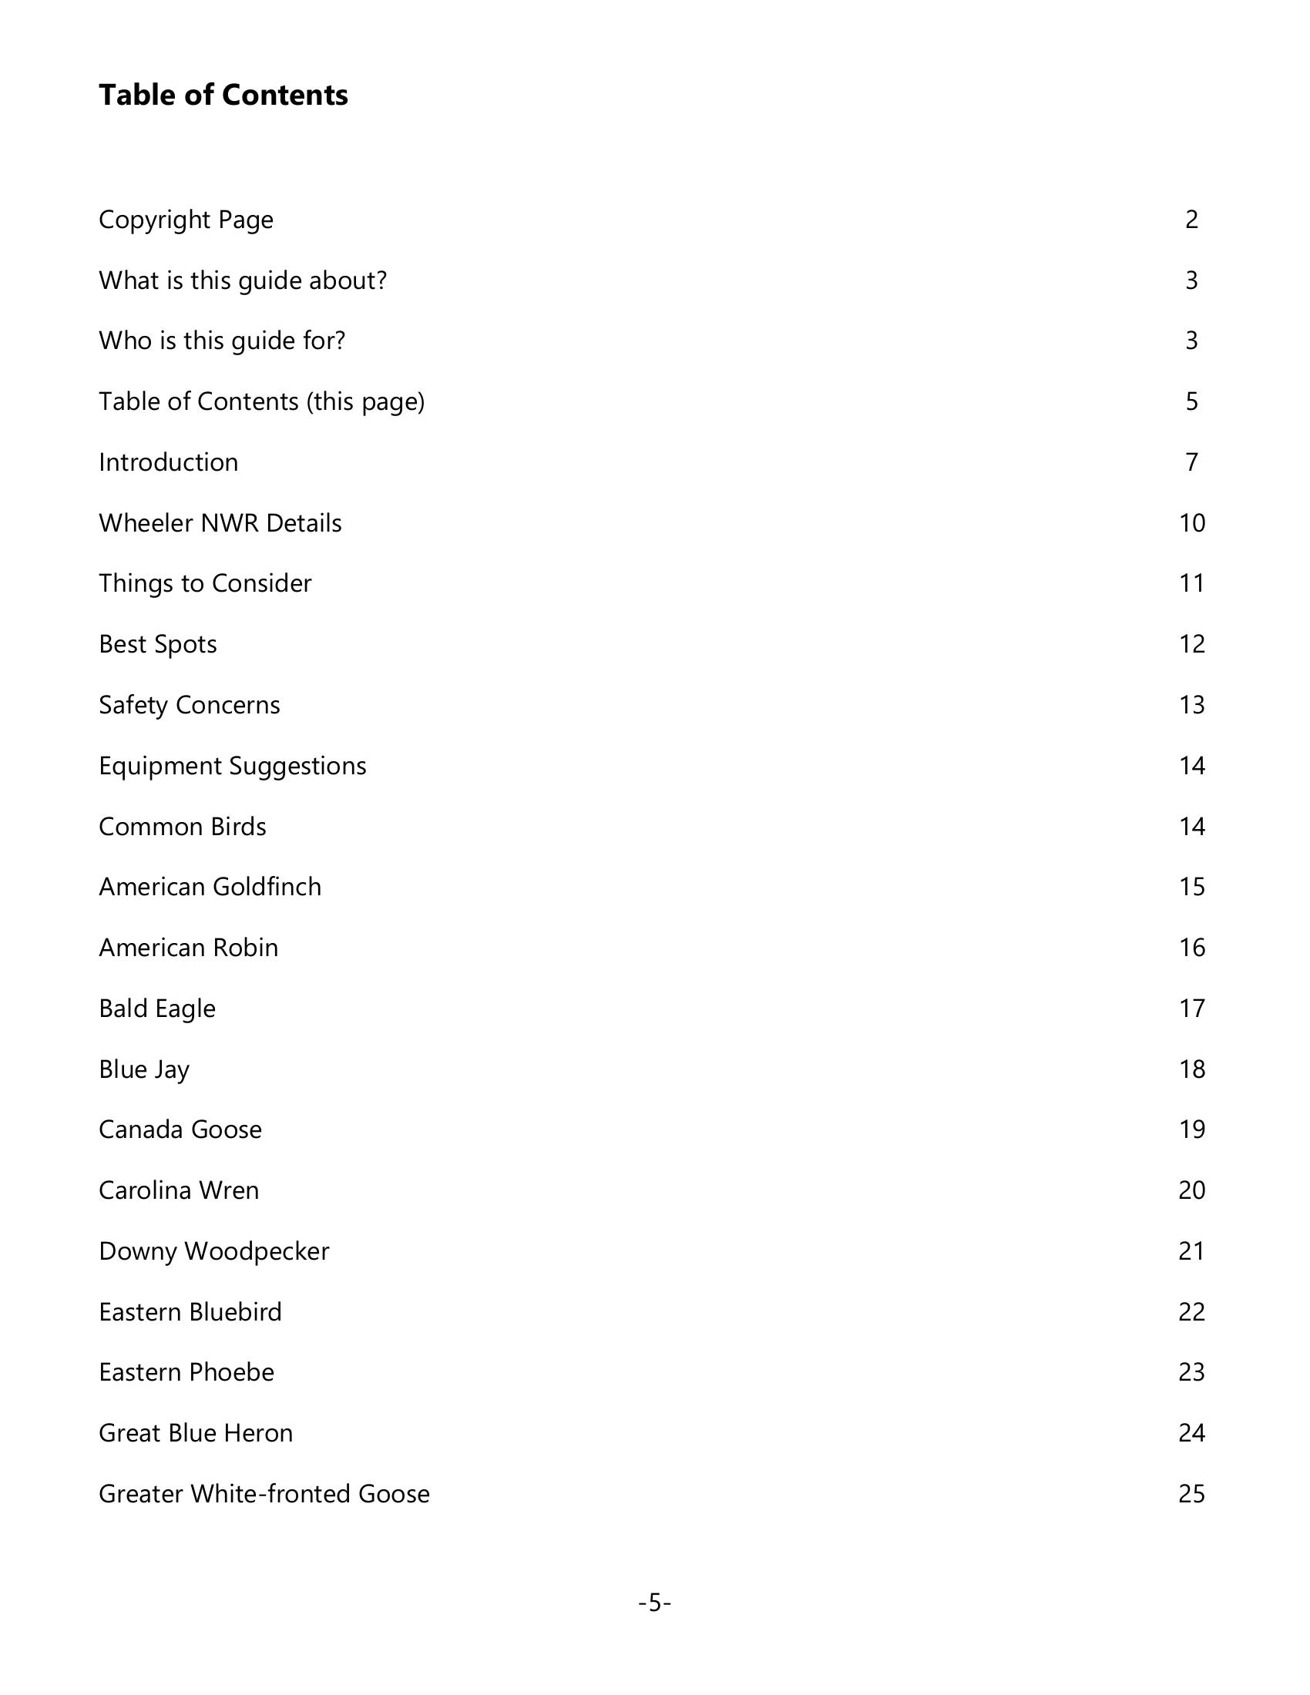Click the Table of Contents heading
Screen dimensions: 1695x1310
coord(223,95)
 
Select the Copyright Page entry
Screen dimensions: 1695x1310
coord(186,220)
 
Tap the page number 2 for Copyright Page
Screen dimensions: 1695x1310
coord(1191,220)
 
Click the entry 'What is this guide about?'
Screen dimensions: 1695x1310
coord(242,280)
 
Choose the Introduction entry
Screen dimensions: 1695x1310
coord(169,462)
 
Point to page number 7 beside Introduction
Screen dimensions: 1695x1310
coord(1191,462)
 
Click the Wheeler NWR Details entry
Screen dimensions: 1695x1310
coord(220,523)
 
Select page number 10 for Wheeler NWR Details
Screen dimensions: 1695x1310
coord(1191,523)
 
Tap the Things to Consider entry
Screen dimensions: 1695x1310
coord(205,584)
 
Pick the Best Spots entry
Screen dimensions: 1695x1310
coord(157,644)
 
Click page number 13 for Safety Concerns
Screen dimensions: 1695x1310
coord(1191,705)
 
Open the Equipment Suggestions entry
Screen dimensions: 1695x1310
coord(232,766)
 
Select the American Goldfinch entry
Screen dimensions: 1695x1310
coord(210,887)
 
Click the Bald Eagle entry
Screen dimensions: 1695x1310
coord(156,1009)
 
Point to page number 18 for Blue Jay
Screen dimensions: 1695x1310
coord(1191,1069)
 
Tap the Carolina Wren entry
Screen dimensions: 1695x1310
coord(179,1190)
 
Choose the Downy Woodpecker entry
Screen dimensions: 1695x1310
coord(213,1251)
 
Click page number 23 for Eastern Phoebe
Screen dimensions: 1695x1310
coord(1191,1372)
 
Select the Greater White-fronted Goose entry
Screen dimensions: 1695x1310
coord(264,1494)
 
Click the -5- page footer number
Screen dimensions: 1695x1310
coord(654,1603)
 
